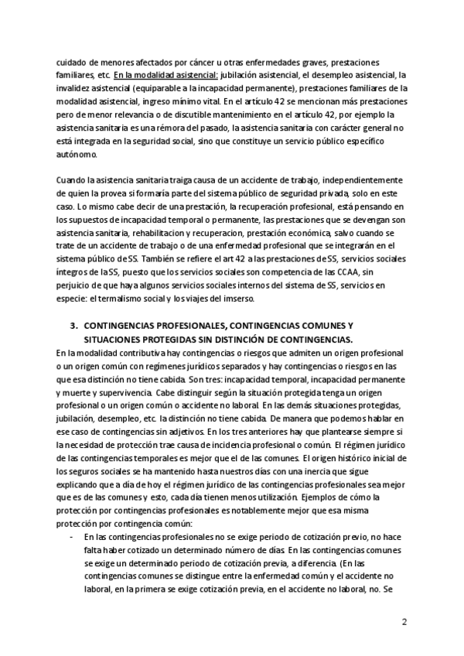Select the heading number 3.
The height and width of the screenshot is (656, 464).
[x=73, y=327]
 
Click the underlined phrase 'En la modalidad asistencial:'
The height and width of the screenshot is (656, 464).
[x=165, y=76]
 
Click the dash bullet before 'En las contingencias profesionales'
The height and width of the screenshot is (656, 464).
[x=72, y=536]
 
